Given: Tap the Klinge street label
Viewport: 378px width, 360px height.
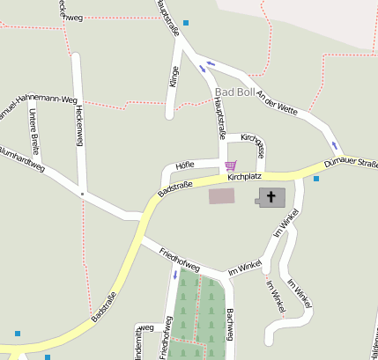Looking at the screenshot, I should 174,77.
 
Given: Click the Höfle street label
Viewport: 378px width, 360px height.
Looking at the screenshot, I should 185,165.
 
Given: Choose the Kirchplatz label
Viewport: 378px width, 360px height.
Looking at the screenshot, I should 245,177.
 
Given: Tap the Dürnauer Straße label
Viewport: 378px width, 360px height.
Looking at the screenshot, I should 351,164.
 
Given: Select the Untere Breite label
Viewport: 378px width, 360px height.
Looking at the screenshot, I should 34,130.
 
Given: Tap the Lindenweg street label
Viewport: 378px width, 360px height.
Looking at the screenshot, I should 138,342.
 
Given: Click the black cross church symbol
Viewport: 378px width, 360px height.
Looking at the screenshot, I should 271,197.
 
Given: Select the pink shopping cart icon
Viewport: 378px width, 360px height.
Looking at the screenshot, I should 230,165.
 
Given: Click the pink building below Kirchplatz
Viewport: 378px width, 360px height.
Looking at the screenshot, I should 222,195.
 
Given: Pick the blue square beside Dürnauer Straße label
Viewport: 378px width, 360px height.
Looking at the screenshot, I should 316,179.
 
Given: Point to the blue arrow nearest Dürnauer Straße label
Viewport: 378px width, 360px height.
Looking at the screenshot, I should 334,145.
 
